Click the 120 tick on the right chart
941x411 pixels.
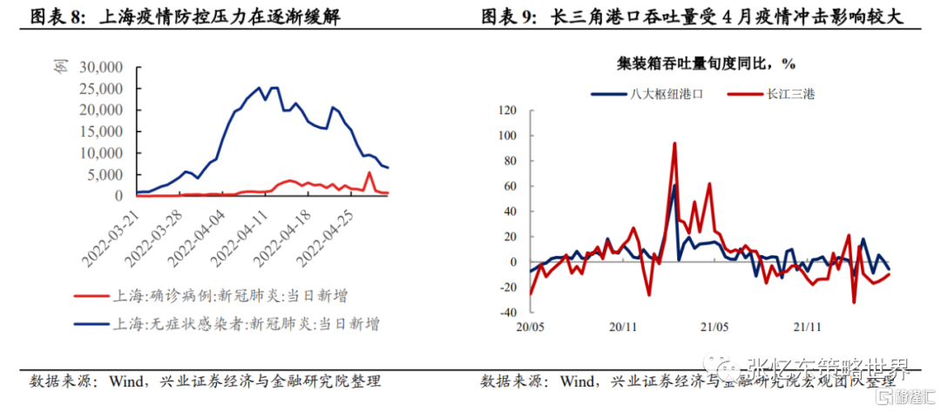pyautogui.click(x=507, y=111)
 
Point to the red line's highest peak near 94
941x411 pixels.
pyautogui.click(x=674, y=144)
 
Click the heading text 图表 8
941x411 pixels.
pyautogui.click(x=52, y=16)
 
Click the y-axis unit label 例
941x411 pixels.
pyautogui.click(x=60, y=67)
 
